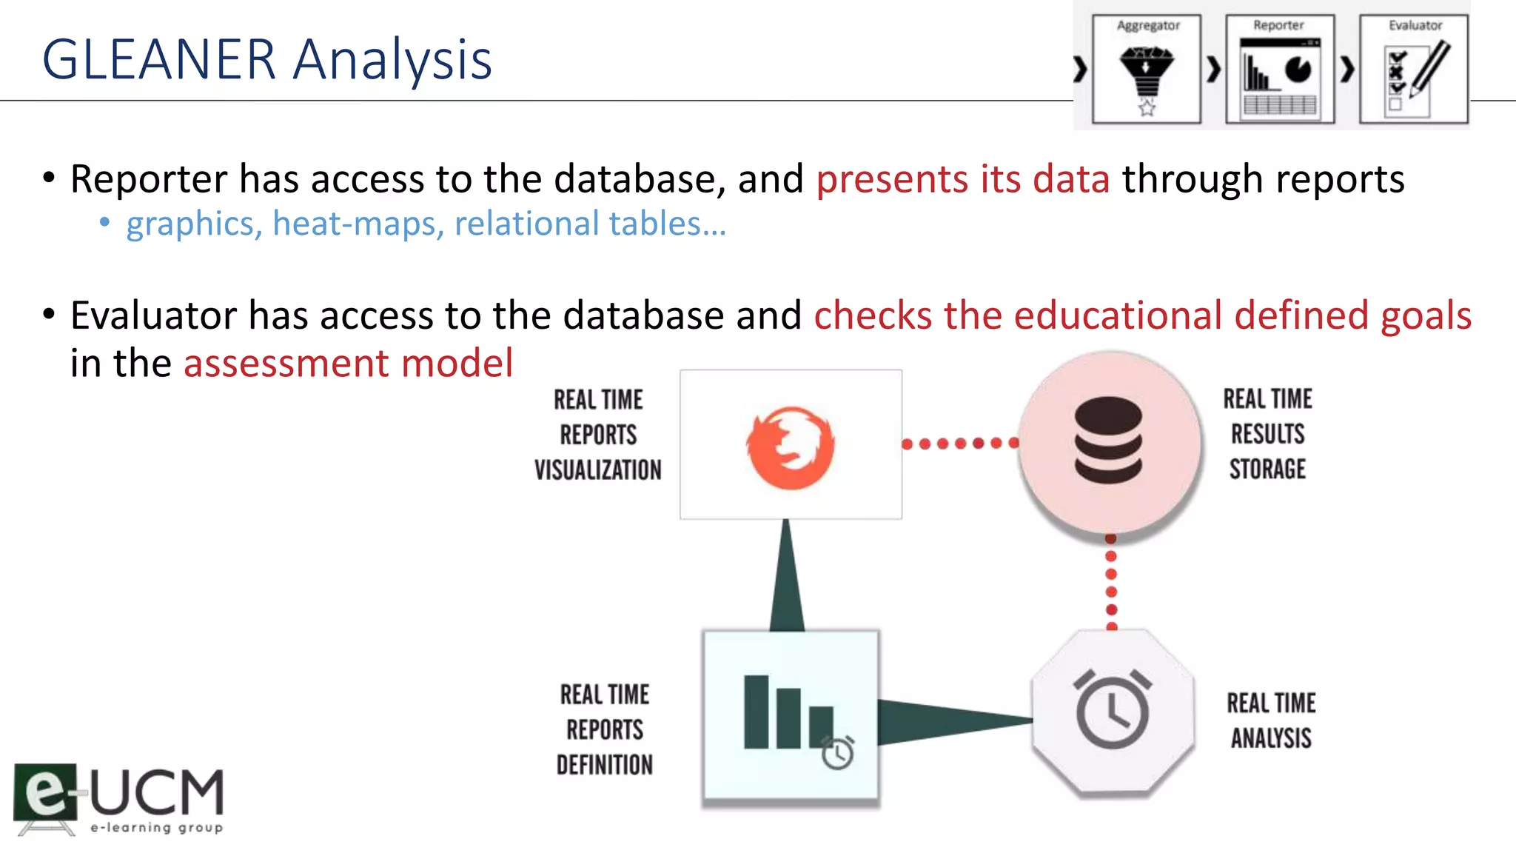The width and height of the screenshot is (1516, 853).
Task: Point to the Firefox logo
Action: pos(791,447)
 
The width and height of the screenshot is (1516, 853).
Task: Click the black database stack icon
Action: pos(1108,440)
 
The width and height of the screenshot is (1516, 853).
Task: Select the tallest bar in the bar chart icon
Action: pos(756,712)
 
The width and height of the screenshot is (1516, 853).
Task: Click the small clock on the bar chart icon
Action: pos(838,754)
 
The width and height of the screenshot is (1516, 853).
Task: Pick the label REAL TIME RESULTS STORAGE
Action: pos(1267,434)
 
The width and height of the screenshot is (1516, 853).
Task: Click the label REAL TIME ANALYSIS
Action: pos(1271,720)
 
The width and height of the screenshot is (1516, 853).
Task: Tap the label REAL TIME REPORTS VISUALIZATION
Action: pos(598,435)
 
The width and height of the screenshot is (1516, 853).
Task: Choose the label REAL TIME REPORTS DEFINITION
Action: pos(605,729)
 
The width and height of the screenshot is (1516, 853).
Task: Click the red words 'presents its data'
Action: pos(962,179)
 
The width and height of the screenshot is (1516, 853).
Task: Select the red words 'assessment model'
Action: pos(348,364)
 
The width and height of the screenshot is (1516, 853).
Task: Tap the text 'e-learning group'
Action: pos(156,827)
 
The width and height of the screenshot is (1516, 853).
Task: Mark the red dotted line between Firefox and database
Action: pos(960,444)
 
